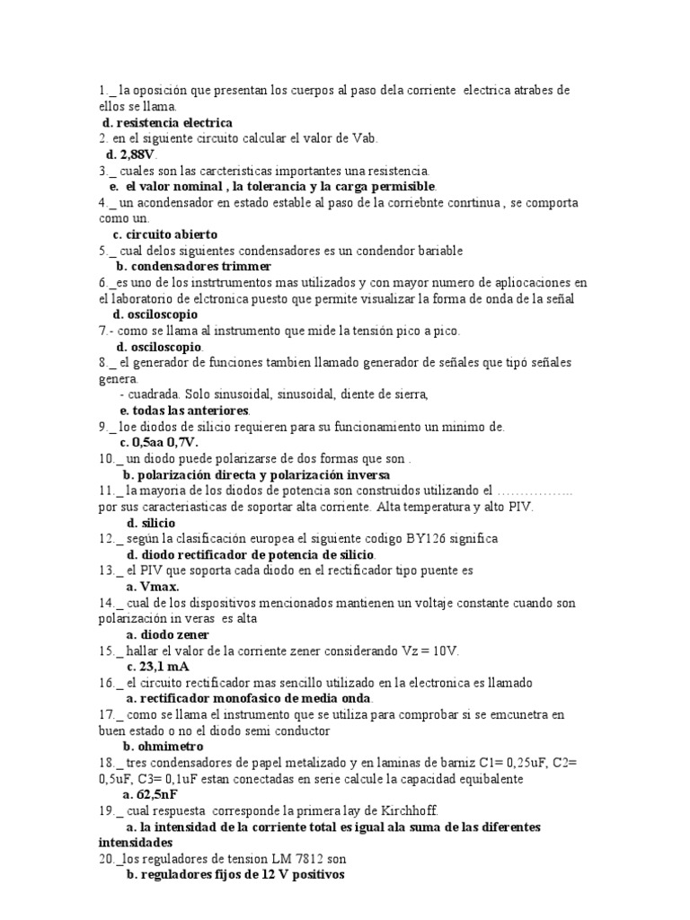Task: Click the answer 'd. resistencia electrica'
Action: (x=167, y=122)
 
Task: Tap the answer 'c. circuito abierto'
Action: (x=165, y=234)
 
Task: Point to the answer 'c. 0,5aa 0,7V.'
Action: (x=158, y=442)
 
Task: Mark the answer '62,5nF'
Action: (x=158, y=794)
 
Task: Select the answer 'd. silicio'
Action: (x=151, y=522)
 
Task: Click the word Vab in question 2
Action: (x=367, y=138)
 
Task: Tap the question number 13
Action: (x=107, y=571)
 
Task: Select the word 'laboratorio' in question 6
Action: (x=146, y=299)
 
